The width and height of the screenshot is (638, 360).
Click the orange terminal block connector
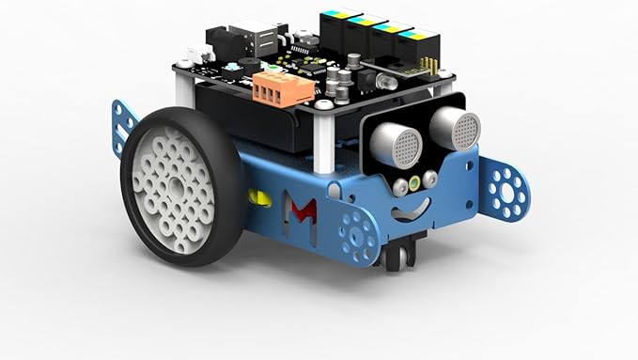(283, 89)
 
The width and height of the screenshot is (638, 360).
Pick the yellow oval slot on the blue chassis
(258, 197)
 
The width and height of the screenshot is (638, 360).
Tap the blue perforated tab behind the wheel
(123, 125)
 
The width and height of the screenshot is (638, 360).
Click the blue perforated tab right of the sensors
(507, 190)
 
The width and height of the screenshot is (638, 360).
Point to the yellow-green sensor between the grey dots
(413, 182)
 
